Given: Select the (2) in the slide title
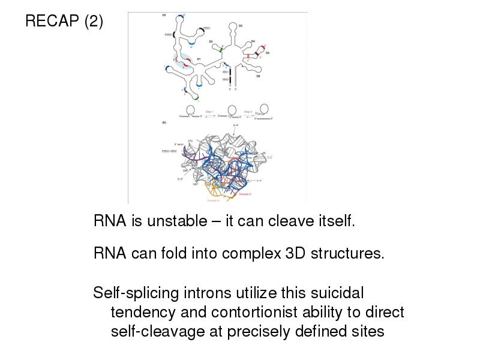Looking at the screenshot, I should (x=94, y=22).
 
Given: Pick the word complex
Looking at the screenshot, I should (x=250, y=253).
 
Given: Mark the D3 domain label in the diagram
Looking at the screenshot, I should (x=241, y=25).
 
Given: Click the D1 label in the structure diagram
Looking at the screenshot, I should (x=199, y=59).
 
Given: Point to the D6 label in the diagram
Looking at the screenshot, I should (x=258, y=76).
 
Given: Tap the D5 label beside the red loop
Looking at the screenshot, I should (x=268, y=53).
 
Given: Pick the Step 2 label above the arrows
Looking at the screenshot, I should (x=248, y=112).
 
